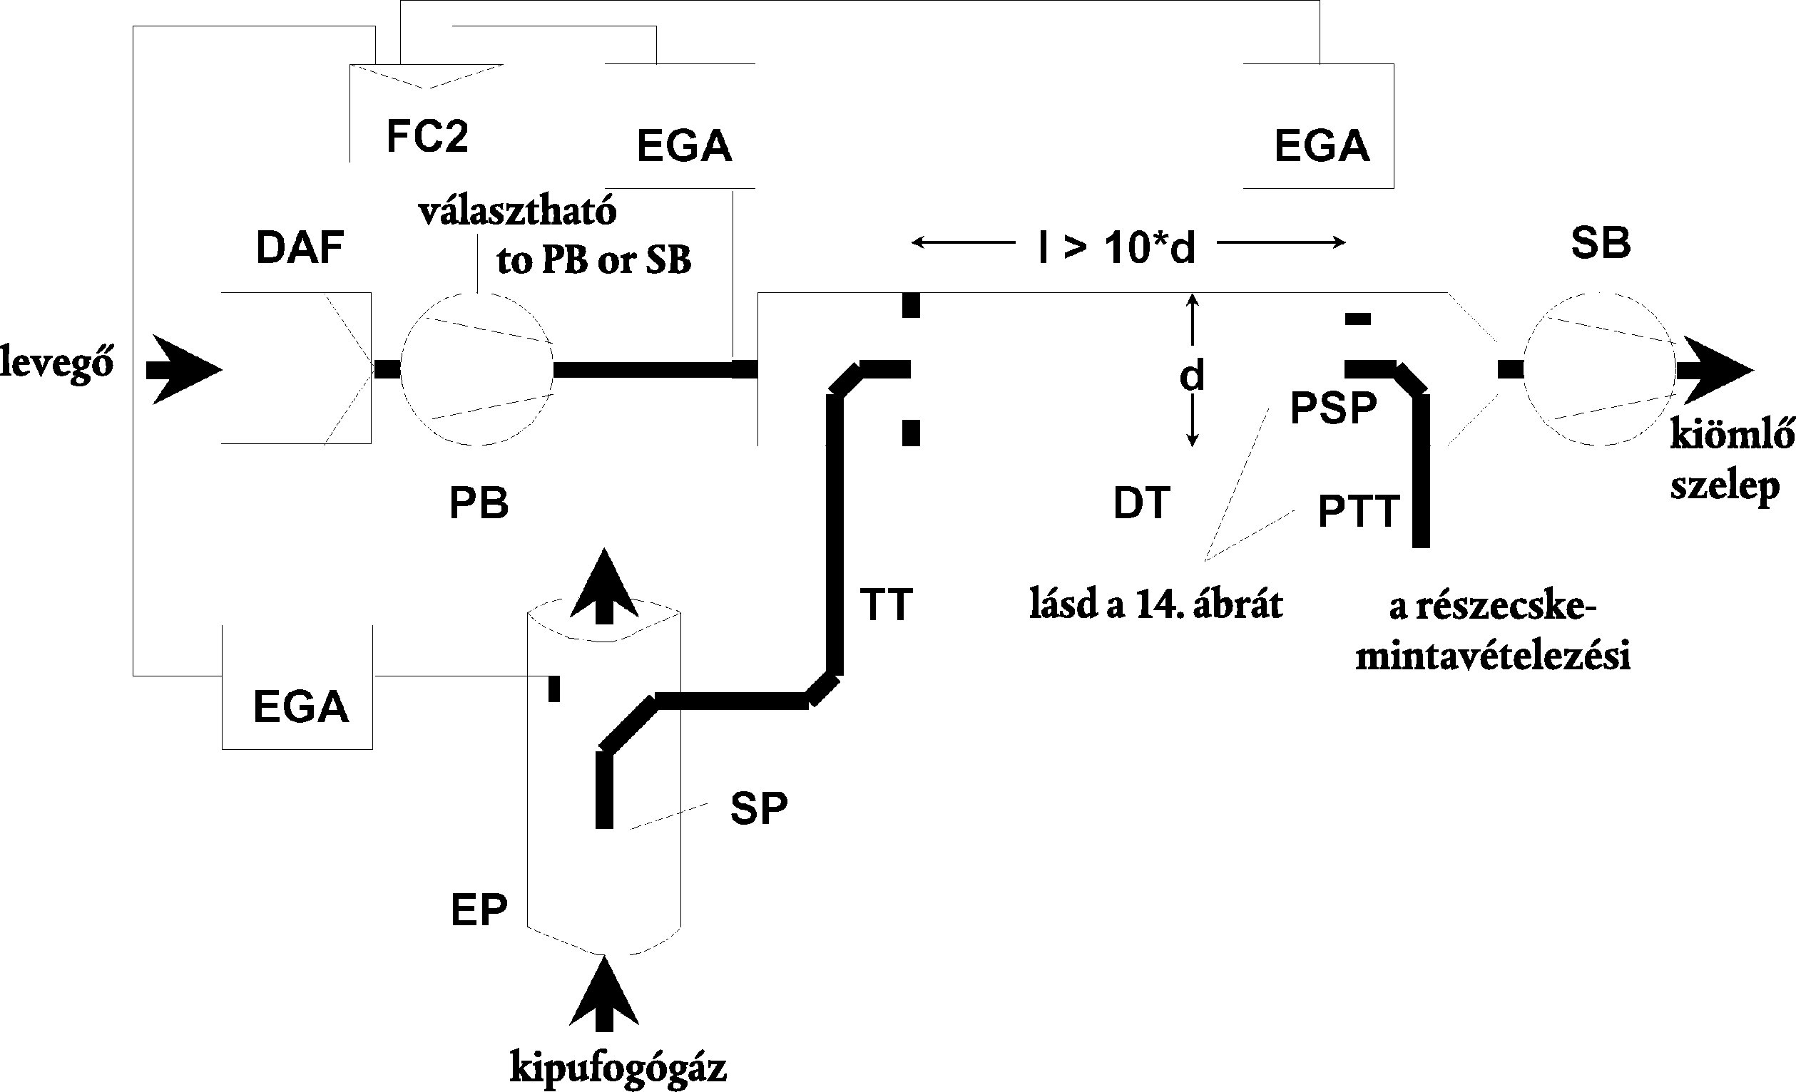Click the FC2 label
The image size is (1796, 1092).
(x=427, y=136)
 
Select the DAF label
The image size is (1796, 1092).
(x=300, y=247)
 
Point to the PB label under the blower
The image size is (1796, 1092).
(x=478, y=503)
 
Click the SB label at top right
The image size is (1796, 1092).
(x=1601, y=243)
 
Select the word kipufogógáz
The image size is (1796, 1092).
(x=618, y=1068)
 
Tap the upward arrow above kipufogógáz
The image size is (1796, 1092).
(x=604, y=994)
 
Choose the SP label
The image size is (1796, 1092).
(x=759, y=808)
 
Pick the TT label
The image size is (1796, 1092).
(x=886, y=604)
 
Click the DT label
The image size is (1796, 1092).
(x=1141, y=503)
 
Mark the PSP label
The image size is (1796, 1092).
(x=1333, y=408)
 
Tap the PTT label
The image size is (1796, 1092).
(x=1359, y=510)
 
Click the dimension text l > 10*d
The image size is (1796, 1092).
(x=1117, y=247)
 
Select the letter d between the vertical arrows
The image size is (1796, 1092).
(x=1192, y=376)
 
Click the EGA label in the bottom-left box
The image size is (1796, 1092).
(x=300, y=706)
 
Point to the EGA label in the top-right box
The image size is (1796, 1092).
(x=1322, y=145)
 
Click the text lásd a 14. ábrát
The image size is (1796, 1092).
(x=1155, y=605)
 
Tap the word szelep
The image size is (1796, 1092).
(x=1725, y=486)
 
